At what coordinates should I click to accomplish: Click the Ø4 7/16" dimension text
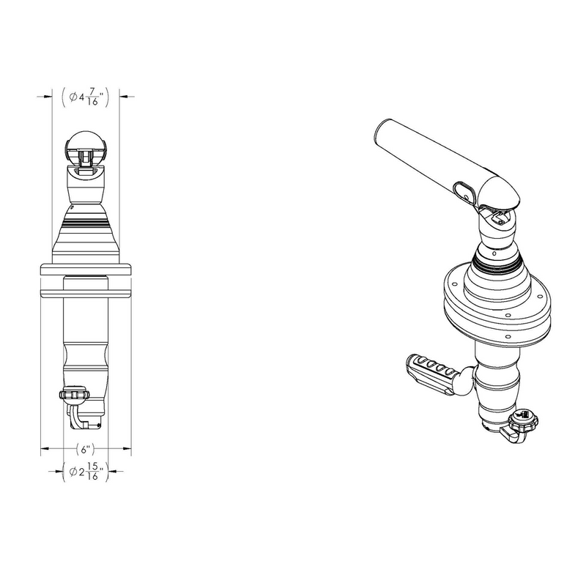coord(86,96)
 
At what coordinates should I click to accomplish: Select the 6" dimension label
coord(86,449)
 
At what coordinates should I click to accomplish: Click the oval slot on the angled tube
coord(464,190)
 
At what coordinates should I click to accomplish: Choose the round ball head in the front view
coord(86,146)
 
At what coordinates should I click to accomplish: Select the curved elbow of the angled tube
coord(500,192)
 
